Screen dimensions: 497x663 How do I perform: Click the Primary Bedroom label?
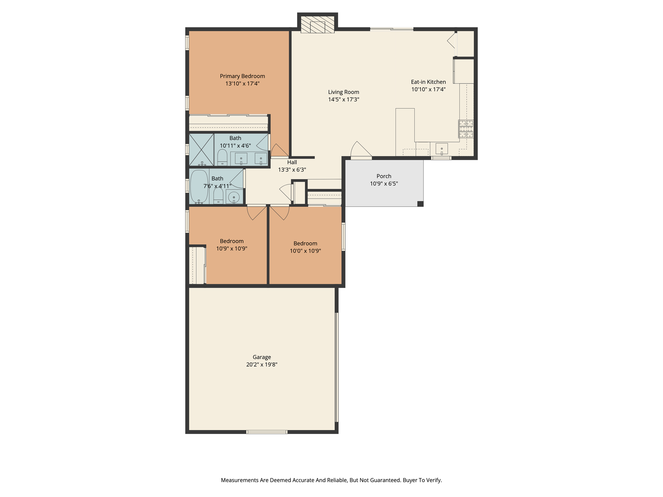pos(242,76)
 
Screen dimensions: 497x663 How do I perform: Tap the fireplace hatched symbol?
pos(317,25)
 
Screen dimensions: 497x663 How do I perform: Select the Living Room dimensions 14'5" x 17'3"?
pos(343,100)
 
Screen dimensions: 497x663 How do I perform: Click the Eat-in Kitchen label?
pos(428,82)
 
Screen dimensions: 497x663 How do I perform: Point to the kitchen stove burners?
pos(466,129)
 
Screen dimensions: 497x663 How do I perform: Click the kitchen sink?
pos(442,149)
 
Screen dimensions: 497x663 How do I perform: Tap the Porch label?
pos(384,176)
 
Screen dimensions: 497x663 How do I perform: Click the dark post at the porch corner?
pos(420,204)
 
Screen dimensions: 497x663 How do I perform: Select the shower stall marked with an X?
pos(201,150)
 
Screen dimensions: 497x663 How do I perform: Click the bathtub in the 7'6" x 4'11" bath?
pos(199,187)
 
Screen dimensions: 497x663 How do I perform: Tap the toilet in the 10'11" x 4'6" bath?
pos(222,157)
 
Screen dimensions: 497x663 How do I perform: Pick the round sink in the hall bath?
pos(234,197)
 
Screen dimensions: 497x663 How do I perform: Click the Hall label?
pos(292,162)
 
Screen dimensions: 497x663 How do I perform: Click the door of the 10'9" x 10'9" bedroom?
pos(256,213)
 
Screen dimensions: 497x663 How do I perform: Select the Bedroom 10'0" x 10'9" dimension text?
pos(305,251)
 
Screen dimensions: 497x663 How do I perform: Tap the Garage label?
pos(262,357)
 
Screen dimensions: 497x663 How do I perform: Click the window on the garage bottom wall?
pos(267,432)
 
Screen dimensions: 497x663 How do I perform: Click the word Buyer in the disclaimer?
pos(410,480)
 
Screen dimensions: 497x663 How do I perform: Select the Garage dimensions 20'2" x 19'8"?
pos(262,365)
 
